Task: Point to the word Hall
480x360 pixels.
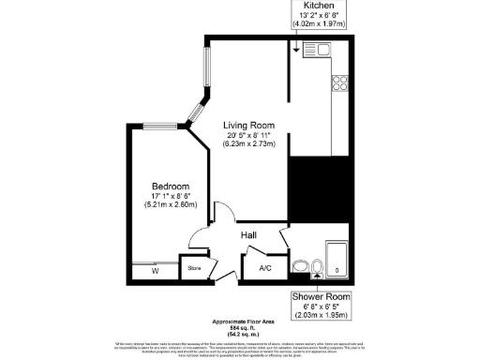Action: point(249,235)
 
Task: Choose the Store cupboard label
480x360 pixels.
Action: point(194,269)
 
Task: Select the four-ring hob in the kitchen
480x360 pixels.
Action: point(338,82)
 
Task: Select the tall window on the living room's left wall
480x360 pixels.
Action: point(208,70)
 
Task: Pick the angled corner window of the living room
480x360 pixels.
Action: point(195,112)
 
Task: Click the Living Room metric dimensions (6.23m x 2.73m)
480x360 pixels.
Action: point(248,144)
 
